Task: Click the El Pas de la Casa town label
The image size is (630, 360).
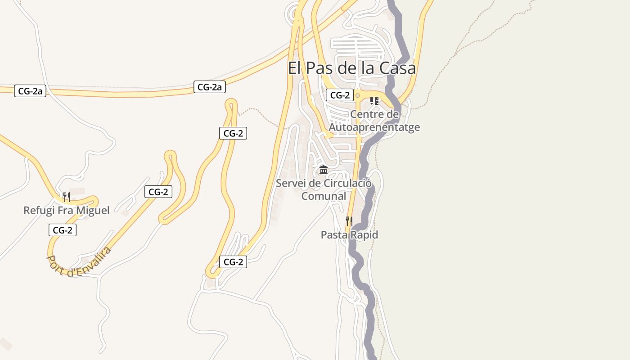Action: pos(351,69)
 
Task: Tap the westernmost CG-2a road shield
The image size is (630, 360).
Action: pos(30,91)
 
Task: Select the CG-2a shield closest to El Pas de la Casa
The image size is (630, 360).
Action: pos(209,87)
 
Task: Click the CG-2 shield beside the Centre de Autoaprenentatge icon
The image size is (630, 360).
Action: pos(340,95)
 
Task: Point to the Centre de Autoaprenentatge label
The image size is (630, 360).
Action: pos(374,121)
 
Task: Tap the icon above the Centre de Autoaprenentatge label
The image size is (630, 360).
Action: pos(374,100)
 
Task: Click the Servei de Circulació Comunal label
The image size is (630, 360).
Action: pos(324,189)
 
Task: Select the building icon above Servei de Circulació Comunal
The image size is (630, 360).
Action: pos(324,170)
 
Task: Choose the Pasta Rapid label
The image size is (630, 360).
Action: pos(349,234)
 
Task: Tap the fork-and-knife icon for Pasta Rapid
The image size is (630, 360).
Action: pos(349,221)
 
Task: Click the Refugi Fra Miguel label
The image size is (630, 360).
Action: pos(66,210)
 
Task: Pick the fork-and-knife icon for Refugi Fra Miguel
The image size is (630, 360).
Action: pos(66,197)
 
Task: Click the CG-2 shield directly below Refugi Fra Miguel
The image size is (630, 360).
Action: pos(63,230)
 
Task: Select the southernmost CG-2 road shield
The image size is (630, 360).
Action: pos(233,262)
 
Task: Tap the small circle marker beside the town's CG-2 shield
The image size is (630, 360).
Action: pos(358,95)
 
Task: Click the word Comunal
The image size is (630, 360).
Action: pos(324,196)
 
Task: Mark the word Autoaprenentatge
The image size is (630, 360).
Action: pos(374,127)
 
